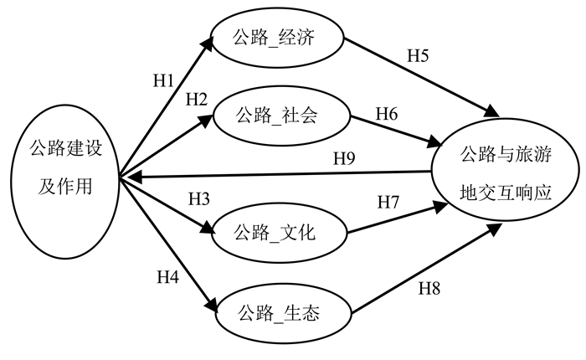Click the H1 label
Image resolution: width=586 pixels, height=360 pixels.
(163, 81)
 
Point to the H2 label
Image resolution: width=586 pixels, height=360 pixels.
(196, 99)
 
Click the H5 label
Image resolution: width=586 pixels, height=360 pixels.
(418, 57)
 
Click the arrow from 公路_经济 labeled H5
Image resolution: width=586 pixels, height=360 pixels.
(419, 76)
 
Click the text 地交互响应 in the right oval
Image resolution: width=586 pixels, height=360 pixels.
(505, 192)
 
